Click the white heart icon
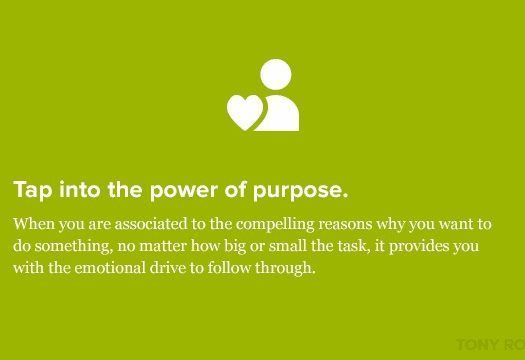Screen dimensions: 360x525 (x=244, y=112)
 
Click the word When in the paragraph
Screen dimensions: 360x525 (x=36, y=223)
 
